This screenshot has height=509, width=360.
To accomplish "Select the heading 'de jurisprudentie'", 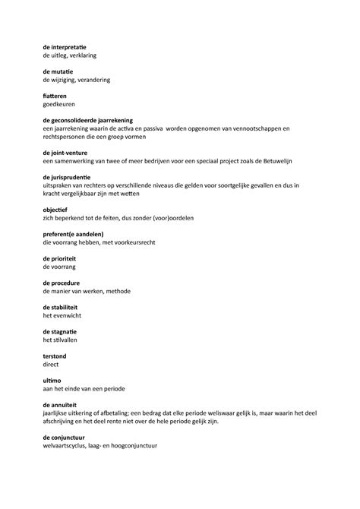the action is click(x=68, y=176).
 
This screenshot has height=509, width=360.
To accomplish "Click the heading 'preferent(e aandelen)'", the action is click(x=73, y=233).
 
